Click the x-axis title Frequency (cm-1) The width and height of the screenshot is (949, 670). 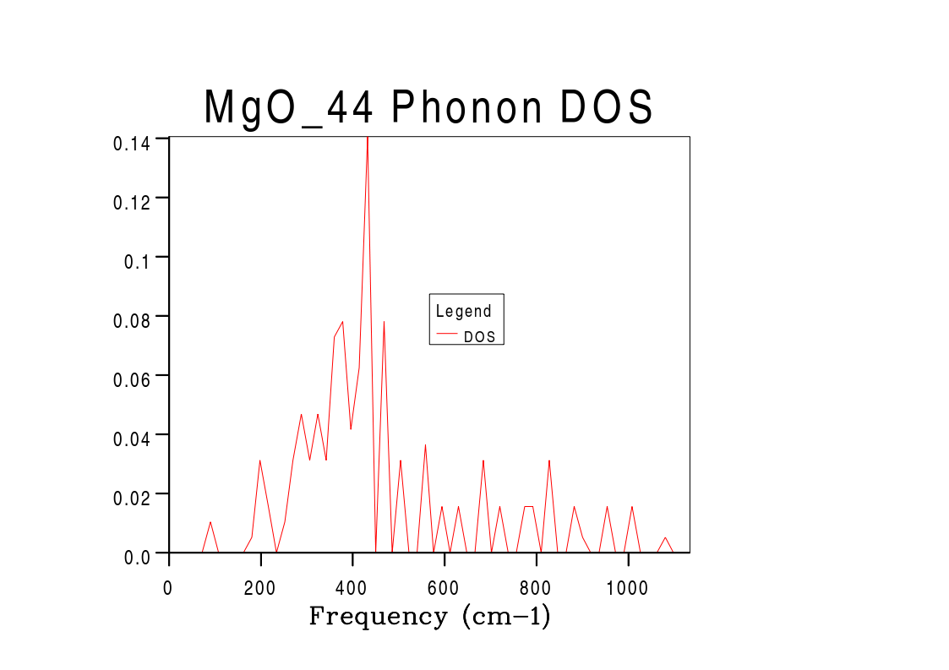coord(429,616)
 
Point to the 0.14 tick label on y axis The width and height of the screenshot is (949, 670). coord(132,143)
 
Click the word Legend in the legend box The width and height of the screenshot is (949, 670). coord(463,311)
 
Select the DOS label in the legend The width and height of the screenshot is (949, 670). coord(479,336)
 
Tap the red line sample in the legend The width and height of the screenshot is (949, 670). coord(446,335)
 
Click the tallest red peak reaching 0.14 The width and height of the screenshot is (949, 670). coord(367,140)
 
